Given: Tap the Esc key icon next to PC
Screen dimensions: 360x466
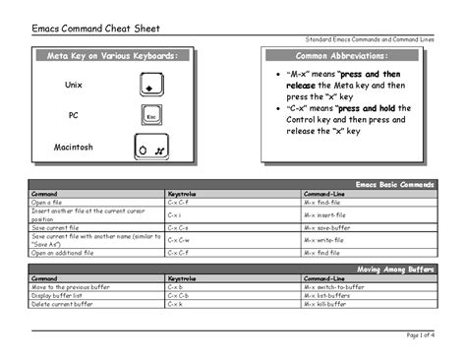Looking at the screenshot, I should [x=150, y=115].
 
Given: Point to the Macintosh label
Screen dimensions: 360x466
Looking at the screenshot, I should [x=74, y=148].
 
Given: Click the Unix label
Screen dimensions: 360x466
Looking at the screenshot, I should [x=74, y=87].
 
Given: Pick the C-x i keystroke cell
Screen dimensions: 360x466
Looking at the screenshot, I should [x=174, y=213].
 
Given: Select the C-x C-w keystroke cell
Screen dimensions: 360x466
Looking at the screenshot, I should [x=178, y=239].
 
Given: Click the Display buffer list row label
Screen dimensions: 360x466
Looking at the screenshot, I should [x=58, y=295].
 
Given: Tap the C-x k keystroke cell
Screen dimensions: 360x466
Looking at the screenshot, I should [x=175, y=304].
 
